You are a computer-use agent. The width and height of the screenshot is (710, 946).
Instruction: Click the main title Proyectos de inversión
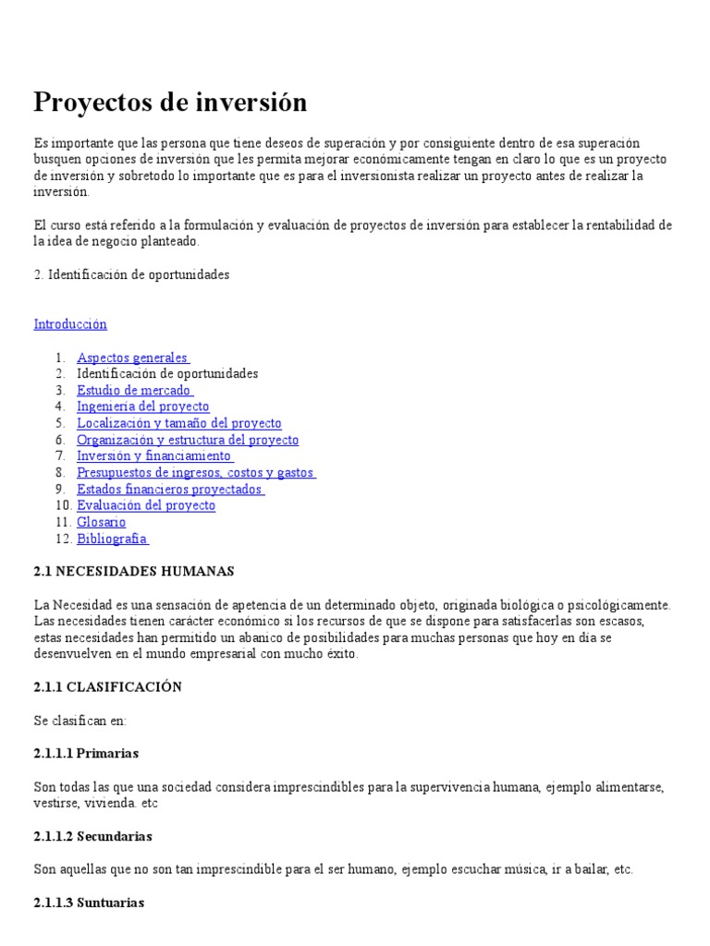[x=170, y=102]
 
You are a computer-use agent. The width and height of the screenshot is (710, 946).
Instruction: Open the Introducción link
[x=70, y=324]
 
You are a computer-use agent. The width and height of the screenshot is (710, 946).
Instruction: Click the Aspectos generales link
[x=132, y=358]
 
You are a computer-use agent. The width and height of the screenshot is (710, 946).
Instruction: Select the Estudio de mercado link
[x=133, y=391]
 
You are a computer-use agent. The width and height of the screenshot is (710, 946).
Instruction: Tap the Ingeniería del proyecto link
[x=143, y=406]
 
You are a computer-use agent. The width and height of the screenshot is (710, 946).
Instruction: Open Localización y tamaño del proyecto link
[x=179, y=423]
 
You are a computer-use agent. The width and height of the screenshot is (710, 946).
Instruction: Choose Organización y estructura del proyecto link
[x=188, y=440]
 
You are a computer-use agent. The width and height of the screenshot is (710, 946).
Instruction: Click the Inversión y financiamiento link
[x=153, y=456]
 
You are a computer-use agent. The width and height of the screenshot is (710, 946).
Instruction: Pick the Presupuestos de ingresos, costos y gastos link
[x=195, y=473]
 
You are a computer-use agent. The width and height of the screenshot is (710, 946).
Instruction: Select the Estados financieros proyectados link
[x=169, y=490]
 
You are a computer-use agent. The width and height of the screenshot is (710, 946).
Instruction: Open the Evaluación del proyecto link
[x=146, y=505]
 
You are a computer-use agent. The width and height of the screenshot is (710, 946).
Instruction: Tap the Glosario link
[x=102, y=522]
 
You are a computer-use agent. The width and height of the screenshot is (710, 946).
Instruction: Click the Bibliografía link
[x=112, y=539]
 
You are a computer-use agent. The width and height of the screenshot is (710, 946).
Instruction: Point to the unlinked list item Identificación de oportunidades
[x=167, y=374]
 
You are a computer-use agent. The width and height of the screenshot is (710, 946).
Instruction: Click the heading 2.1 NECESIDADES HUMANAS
[x=134, y=572]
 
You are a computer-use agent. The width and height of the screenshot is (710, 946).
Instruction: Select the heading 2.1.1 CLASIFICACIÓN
[x=108, y=687]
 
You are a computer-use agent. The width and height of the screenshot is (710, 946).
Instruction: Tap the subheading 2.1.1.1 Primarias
[x=86, y=754]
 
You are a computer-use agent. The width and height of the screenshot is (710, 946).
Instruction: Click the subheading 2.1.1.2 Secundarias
[x=93, y=836]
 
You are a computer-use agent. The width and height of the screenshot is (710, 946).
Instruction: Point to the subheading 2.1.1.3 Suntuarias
[x=90, y=903]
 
